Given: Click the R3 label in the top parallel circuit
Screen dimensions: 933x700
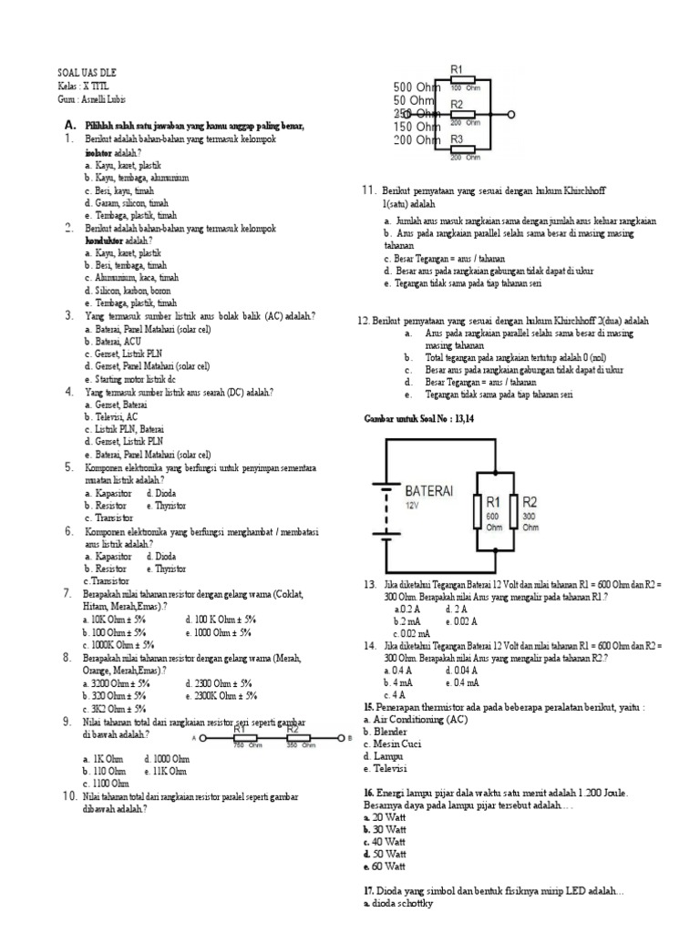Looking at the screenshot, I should pos(458,139).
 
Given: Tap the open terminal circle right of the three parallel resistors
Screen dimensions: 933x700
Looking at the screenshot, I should pos(512,115).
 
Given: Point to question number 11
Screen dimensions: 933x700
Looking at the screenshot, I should pos(369,190).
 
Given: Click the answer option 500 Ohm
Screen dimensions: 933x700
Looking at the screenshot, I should pos(416,87).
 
